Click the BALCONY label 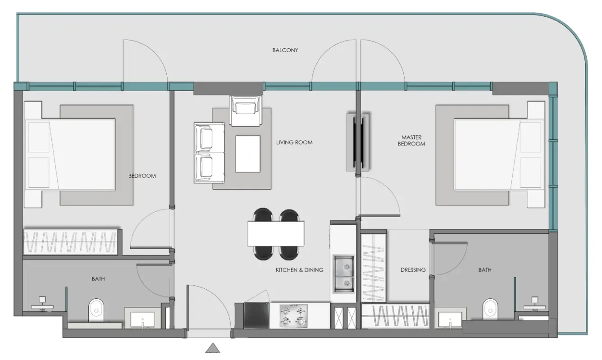[x=285, y=50]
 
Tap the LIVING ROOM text [x=294, y=142]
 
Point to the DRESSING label [x=413, y=270]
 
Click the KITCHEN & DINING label [x=299, y=270]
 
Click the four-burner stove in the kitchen [x=293, y=315]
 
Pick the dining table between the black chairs [x=275, y=233]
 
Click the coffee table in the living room [x=248, y=154]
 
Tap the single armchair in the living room [x=245, y=110]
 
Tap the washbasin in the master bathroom [x=450, y=321]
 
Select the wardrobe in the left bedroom [x=70, y=242]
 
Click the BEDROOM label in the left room [x=142, y=176]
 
